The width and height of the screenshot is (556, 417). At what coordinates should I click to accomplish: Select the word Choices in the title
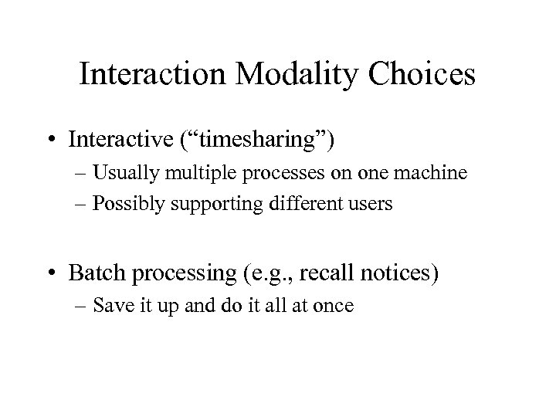[427, 75]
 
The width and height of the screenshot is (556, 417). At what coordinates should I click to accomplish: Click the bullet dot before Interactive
[73, 140]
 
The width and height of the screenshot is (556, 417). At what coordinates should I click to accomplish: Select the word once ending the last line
[334, 307]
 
